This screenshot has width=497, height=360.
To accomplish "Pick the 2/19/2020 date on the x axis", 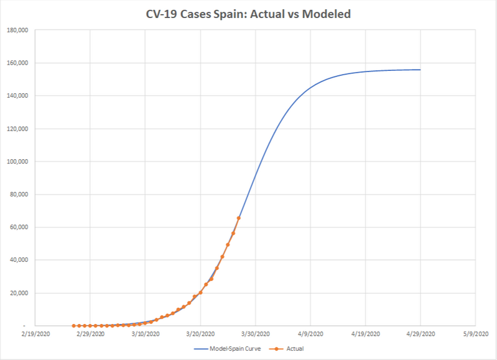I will coord(35,335).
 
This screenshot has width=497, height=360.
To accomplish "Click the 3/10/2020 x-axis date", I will coord(145,335).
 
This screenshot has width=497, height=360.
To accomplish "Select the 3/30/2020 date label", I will coord(255,335).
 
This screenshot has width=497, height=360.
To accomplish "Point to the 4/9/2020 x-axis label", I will coord(310,335).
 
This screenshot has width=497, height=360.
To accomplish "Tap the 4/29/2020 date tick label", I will coord(420,335).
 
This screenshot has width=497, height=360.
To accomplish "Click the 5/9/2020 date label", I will coord(475,335).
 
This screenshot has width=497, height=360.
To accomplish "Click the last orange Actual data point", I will coord(239,218).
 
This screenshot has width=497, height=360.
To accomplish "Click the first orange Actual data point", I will coord(74,326).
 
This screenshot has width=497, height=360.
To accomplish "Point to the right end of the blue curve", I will coord(420,70).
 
